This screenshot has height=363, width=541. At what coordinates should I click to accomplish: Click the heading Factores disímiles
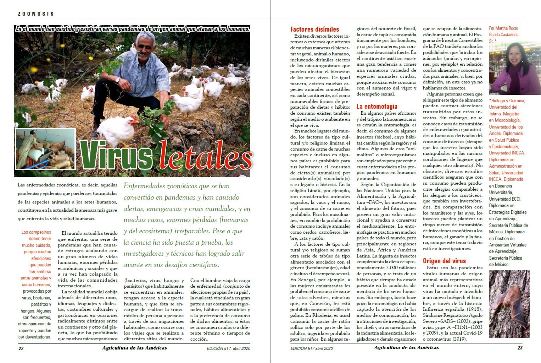pos(314,29)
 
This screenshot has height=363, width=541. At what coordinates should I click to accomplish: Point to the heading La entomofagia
pos(377,106)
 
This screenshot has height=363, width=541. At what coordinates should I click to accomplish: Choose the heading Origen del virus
pos(444,261)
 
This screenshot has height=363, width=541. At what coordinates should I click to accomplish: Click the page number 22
pos(21,348)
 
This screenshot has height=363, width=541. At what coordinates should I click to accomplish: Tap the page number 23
pos(520,348)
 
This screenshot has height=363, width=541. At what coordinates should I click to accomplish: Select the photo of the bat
pos(509,304)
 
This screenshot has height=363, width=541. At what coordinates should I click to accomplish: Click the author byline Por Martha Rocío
pos(503,28)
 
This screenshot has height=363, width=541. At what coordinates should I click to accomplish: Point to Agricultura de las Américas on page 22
pos(134,348)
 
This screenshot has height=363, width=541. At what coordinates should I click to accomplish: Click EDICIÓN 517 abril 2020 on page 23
pos(312,348)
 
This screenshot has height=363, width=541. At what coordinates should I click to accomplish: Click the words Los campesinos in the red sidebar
pos(36,232)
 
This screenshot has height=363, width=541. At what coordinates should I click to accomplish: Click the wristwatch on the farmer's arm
pos(117,80)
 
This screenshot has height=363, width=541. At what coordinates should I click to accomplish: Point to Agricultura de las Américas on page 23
pos(406,348)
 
